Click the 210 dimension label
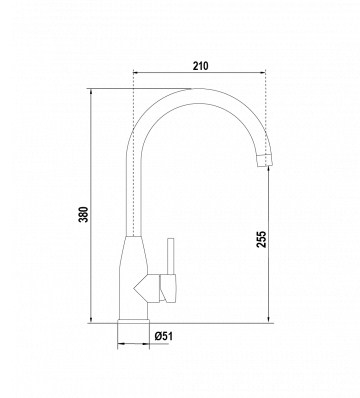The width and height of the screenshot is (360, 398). pos(200,66)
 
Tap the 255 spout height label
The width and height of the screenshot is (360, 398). pos(262,239)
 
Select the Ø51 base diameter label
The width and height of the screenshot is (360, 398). pos(164,336)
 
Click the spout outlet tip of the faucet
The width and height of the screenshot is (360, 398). pos(266,160)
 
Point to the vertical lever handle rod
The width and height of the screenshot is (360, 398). pos(171,256)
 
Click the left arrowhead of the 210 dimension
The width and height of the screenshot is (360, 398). pos(135,72)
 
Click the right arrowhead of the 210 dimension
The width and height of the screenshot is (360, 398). pos(263,72)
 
